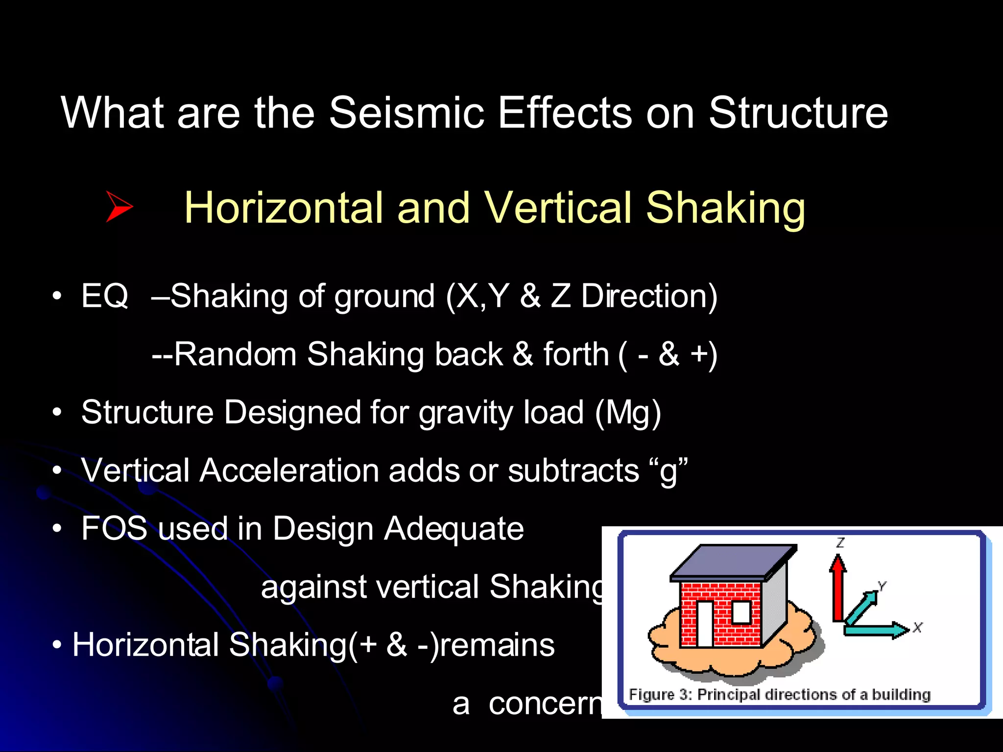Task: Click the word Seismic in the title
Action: pos(406,113)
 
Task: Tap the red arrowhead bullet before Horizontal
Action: pos(119,207)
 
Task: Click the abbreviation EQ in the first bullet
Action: pos(104,296)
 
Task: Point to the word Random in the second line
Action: pos(235,354)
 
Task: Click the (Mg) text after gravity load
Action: pos(628,412)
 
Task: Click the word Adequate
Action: pos(454,529)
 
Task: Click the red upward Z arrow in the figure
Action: pos(838,587)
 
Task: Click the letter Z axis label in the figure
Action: pos(840,542)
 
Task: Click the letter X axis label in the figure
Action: pos(917,627)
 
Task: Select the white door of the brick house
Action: pos(705,623)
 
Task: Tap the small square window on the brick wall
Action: pos(741,612)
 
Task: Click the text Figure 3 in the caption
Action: pos(659,694)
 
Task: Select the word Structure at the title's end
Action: pos(798,113)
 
